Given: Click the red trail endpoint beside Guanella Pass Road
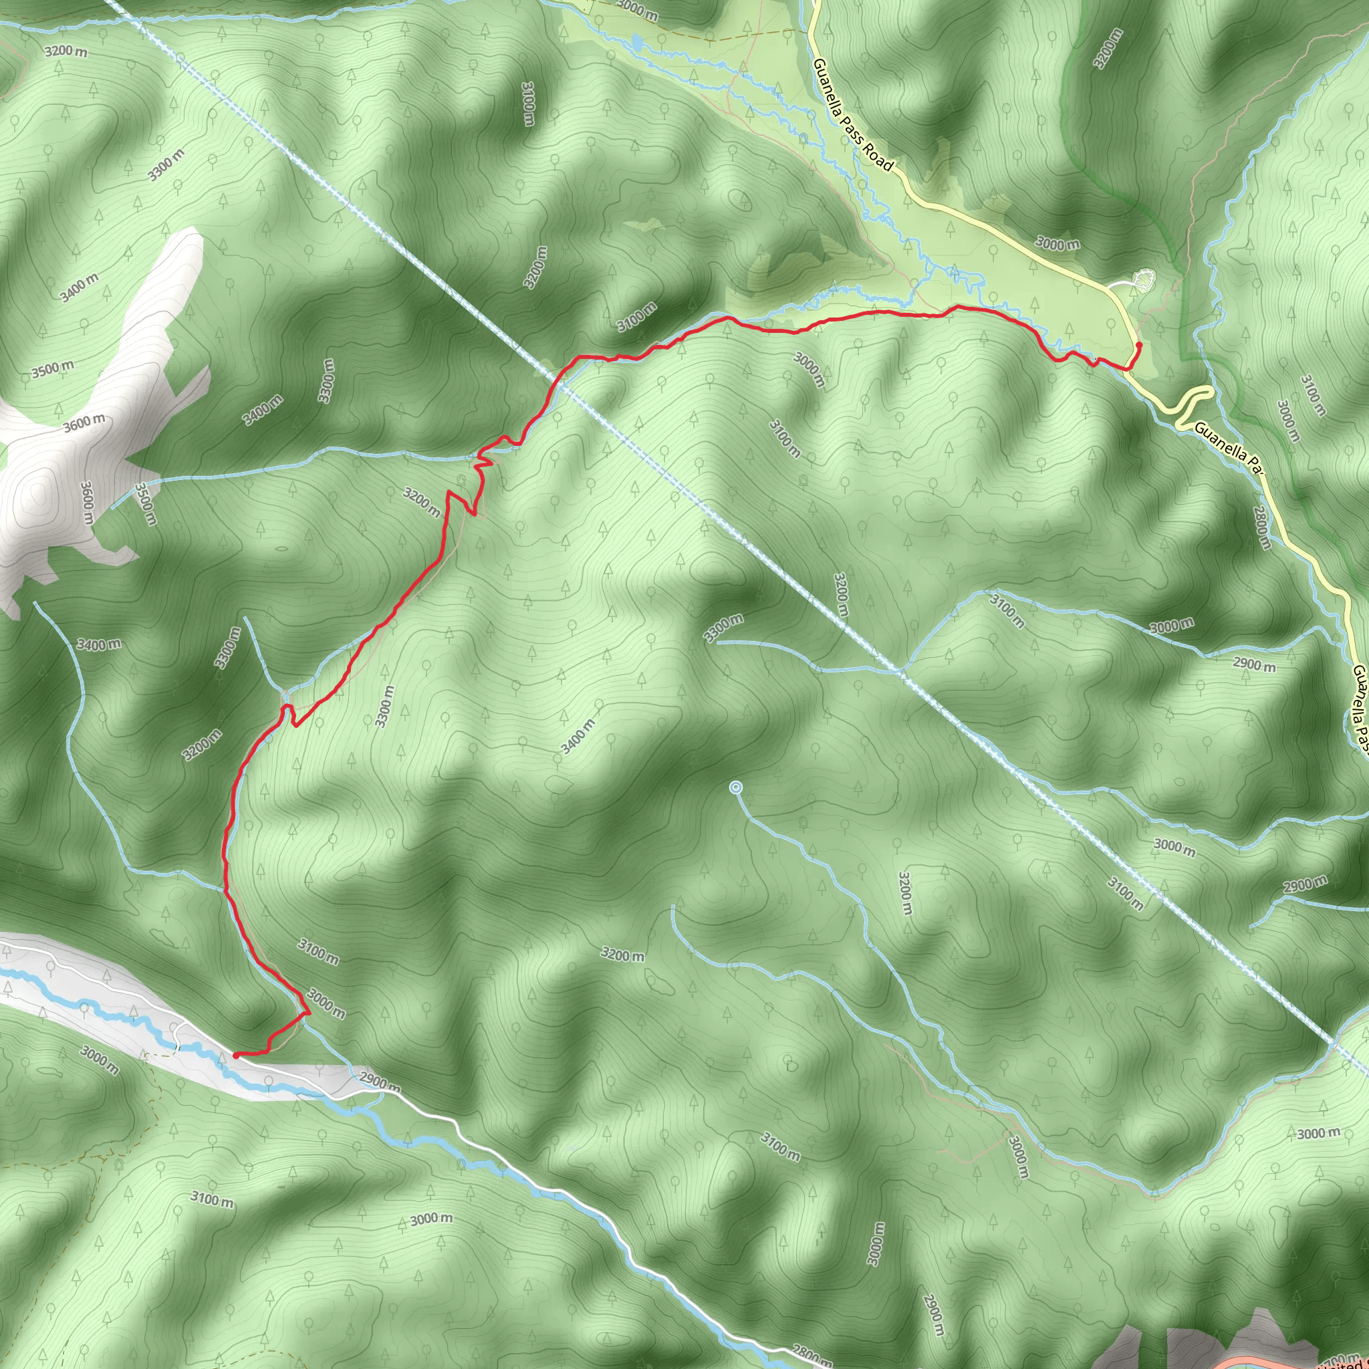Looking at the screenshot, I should (1138, 345).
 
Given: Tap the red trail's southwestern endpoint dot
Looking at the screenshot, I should (235, 1055).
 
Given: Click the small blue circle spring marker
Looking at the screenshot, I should (736, 787).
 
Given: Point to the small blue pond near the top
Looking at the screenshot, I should (636, 42).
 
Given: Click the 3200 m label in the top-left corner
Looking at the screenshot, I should (66, 51).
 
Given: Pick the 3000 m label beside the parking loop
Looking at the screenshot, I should (1057, 244).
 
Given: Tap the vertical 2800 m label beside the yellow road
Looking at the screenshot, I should (1261, 527).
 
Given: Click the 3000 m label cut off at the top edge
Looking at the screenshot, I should (636, 9).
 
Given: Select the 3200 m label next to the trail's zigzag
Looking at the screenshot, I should (422, 501).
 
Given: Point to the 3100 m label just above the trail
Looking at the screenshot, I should (636, 317).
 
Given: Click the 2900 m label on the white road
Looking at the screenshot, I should (380, 1083).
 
